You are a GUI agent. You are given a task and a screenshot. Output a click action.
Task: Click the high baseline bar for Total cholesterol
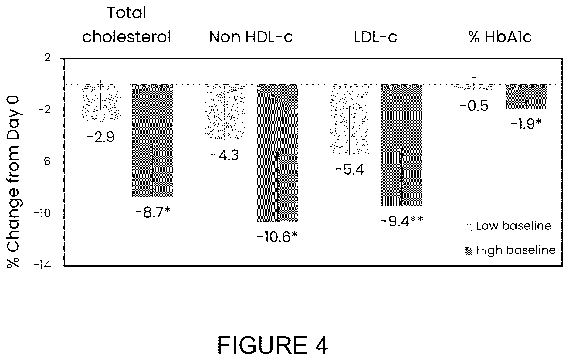click(x=153, y=141)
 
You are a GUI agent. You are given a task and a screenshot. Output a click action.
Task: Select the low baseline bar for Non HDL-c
click(x=225, y=112)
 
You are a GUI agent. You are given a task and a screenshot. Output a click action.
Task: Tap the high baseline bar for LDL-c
click(x=402, y=145)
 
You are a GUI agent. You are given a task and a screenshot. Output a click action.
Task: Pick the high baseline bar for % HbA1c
click(x=526, y=96)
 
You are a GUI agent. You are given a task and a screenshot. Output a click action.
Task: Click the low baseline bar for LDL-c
click(x=350, y=119)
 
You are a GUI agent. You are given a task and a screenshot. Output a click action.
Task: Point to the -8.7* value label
click(x=153, y=212)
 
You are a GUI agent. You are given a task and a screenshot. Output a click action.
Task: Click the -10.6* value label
click(x=277, y=237)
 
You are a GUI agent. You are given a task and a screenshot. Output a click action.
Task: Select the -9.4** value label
click(x=401, y=221)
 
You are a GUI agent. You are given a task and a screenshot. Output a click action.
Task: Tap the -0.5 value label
click(x=474, y=106)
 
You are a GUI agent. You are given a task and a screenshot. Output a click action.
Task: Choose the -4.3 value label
click(x=225, y=156)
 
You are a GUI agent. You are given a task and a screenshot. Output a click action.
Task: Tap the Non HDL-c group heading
click(x=251, y=37)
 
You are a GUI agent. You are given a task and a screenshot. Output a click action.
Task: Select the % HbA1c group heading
click(x=500, y=37)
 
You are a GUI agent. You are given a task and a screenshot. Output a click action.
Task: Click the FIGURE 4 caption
click(x=273, y=345)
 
